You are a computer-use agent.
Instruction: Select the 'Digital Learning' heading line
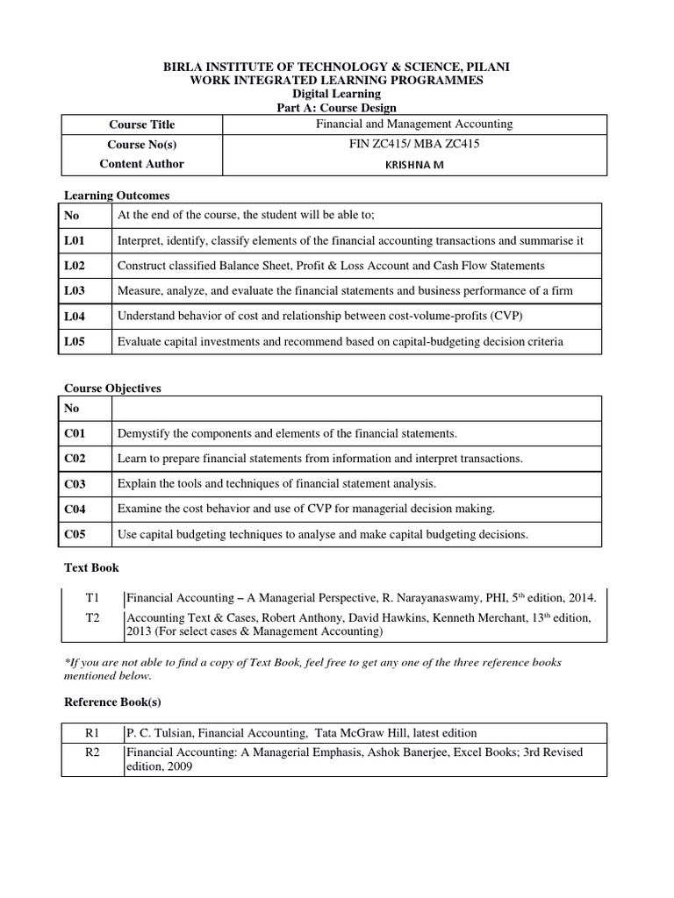(336, 94)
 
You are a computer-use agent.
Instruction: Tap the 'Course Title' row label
(141, 125)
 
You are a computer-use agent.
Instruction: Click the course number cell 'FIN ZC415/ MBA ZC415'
(413, 144)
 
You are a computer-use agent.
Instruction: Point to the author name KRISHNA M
(414, 164)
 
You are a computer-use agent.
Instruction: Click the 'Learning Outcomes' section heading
(117, 195)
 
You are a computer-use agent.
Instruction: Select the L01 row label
(74, 240)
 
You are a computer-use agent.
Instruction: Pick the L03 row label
(74, 290)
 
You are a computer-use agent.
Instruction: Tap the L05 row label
(74, 341)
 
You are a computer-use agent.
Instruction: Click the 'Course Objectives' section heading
(112, 388)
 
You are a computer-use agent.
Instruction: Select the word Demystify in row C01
(143, 433)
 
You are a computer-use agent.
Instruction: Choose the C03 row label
(74, 484)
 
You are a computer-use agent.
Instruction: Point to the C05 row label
(74, 534)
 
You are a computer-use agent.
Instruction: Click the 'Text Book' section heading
(91, 567)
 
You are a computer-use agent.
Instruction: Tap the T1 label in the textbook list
(92, 597)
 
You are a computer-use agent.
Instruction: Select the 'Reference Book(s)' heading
(112, 702)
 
